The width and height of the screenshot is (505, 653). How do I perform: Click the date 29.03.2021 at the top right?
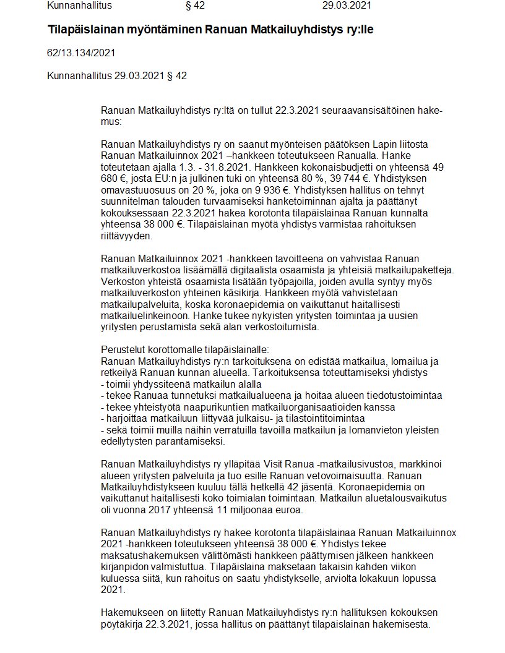[347, 6]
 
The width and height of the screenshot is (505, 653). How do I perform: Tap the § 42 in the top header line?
[195, 6]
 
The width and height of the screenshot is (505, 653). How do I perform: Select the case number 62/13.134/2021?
[81, 53]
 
